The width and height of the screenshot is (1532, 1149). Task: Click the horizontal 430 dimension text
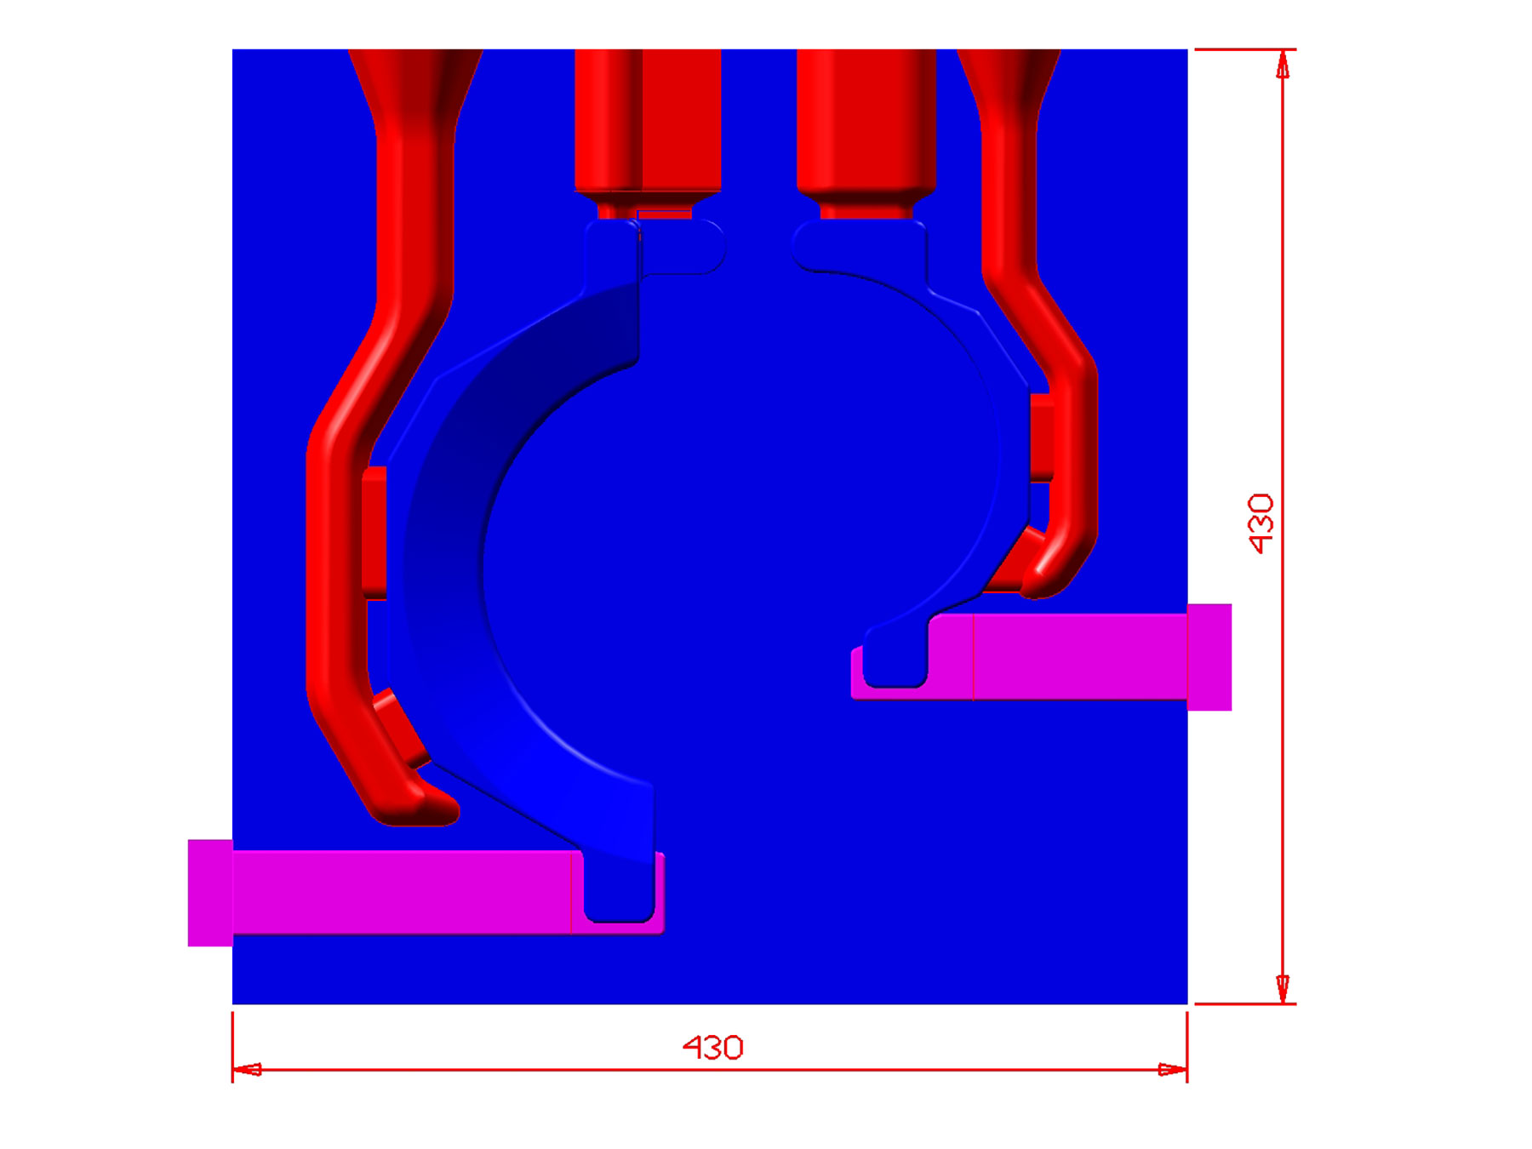(713, 1048)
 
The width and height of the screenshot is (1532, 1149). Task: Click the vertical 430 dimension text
(1260, 523)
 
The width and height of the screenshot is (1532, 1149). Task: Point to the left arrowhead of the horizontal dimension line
(247, 1070)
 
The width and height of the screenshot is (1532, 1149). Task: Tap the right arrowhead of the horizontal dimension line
(1173, 1070)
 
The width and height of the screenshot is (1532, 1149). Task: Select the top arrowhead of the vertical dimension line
(1283, 65)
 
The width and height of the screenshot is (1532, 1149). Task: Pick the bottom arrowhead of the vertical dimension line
(1283, 989)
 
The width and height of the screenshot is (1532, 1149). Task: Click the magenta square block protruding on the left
(210, 893)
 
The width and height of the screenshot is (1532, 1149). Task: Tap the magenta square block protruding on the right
(1209, 657)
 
